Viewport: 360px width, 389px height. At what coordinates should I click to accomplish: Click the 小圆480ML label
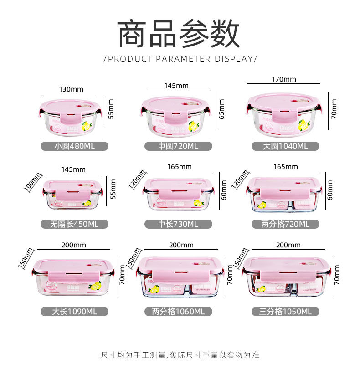(x=74, y=146)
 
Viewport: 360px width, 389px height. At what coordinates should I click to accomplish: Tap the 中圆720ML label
(x=178, y=146)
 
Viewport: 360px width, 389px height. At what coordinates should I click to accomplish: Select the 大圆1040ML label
(x=286, y=146)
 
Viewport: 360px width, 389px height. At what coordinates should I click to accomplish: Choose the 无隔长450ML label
(x=74, y=224)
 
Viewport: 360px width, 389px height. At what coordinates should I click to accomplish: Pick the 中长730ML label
(x=178, y=224)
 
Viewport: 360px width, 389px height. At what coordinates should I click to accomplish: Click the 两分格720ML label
(x=286, y=224)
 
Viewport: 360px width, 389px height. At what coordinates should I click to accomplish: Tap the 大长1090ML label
(x=74, y=312)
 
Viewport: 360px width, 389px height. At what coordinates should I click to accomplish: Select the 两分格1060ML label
(x=178, y=312)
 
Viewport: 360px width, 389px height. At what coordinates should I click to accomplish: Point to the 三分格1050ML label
(x=286, y=312)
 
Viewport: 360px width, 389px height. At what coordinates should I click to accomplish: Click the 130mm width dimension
(x=71, y=89)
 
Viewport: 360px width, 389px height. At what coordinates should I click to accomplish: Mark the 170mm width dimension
(x=284, y=79)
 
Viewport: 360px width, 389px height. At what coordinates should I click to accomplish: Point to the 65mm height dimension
(x=221, y=109)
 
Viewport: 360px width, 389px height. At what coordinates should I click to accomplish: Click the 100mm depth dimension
(x=32, y=182)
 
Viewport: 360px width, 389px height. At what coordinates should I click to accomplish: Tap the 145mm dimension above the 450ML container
(x=73, y=169)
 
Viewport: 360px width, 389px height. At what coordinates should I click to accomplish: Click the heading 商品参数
(x=179, y=34)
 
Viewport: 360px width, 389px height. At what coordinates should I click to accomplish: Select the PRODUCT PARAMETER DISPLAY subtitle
(x=180, y=59)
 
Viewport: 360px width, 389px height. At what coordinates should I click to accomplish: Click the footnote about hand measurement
(x=180, y=354)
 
